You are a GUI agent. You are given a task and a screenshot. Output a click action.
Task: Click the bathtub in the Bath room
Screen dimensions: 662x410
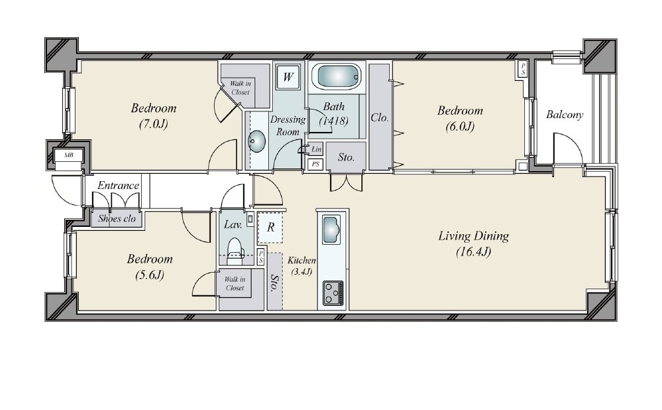point(337,77)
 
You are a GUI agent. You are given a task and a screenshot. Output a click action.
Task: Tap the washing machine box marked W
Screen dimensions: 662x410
point(288,77)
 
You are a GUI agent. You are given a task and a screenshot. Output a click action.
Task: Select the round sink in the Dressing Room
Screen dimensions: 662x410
point(256,141)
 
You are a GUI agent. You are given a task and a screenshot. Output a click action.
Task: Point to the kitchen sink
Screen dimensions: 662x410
point(331,230)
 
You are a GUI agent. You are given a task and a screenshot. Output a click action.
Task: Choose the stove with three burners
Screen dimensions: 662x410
point(333,293)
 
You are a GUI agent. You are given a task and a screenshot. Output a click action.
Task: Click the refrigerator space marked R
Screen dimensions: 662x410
point(270,227)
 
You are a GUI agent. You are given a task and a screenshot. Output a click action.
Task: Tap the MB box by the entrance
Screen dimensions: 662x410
point(69,155)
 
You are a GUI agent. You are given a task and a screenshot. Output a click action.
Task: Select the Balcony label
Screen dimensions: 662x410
point(565,115)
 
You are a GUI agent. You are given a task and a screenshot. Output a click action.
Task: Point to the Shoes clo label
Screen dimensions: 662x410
point(117,218)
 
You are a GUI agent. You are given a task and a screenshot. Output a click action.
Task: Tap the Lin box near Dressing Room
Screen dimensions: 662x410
point(316,149)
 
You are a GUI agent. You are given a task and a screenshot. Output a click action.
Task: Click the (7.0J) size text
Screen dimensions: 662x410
point(154,124)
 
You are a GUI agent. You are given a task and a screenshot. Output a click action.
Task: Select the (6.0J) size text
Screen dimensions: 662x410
point(460,126)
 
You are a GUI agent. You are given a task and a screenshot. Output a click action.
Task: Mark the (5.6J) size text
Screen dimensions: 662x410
point(150,275)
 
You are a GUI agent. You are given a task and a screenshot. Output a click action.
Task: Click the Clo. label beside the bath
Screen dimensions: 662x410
point(379,117)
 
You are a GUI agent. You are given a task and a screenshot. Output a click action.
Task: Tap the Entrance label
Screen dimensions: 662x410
point(118,186)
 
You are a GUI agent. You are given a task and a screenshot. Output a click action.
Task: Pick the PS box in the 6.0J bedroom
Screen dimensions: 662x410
point(523,69)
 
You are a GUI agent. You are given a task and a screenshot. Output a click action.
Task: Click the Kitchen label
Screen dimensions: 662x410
point(302,260)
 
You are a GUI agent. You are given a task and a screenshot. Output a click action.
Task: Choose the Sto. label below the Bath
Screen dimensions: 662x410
point(346,158)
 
